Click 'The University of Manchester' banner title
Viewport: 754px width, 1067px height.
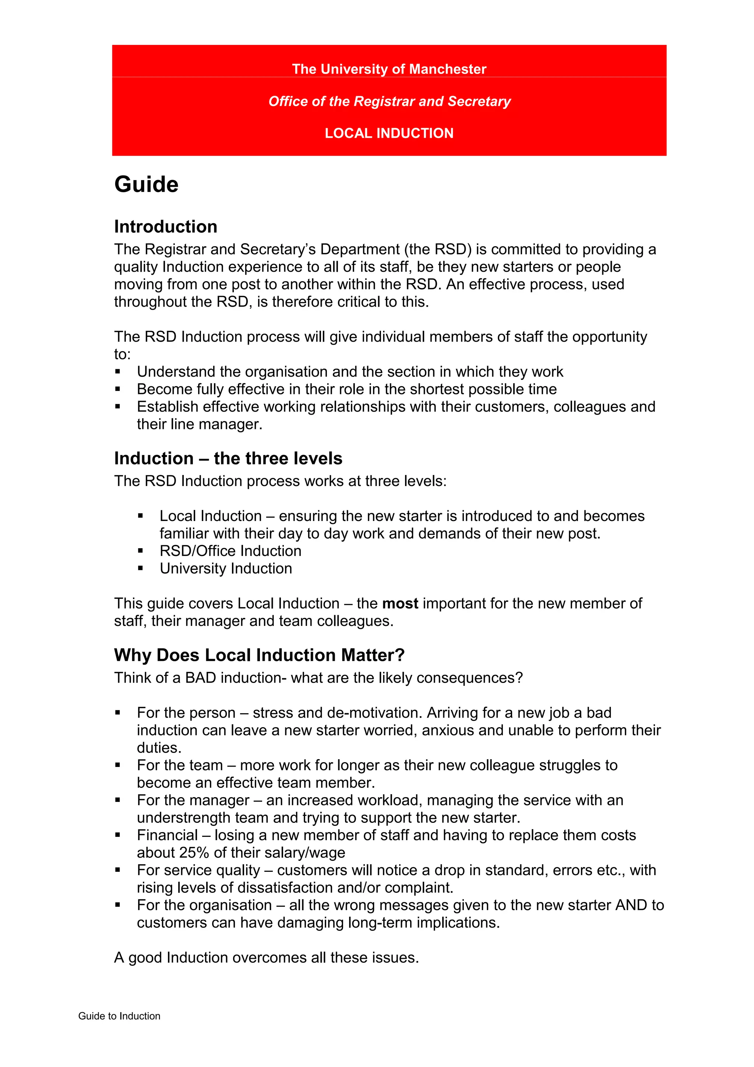click(x=389, y=69)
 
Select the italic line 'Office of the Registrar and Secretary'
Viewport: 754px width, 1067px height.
click(x=389, y=101)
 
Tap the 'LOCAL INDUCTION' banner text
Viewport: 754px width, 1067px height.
click(x=389, y=133)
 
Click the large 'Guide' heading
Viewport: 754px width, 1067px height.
click(x=146, y=184)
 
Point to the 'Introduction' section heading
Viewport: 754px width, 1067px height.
click(x=166, y=227)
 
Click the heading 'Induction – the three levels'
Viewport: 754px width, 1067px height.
click(x=228, y=459)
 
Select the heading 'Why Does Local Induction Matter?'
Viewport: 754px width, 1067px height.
click(x=259, y=655)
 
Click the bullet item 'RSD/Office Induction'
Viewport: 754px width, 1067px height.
click(x=230, y=551)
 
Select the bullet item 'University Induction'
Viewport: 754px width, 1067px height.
click(x=226, y=569)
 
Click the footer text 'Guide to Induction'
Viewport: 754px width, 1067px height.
click(x=119, y=1016)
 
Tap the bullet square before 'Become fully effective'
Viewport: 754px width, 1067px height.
click(x=118, y=390)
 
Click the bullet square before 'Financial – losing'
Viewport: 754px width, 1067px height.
click(x=118, y=835)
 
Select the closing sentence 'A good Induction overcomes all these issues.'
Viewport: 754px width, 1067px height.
click(x=267, y=958)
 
